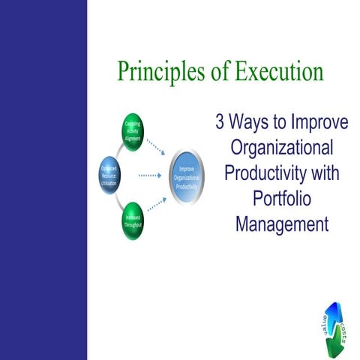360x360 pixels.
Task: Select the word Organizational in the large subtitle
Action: [x=281, y=148]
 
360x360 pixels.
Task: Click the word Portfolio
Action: [x=281, y=198]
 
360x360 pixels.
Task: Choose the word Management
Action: [x=281, y=223]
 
